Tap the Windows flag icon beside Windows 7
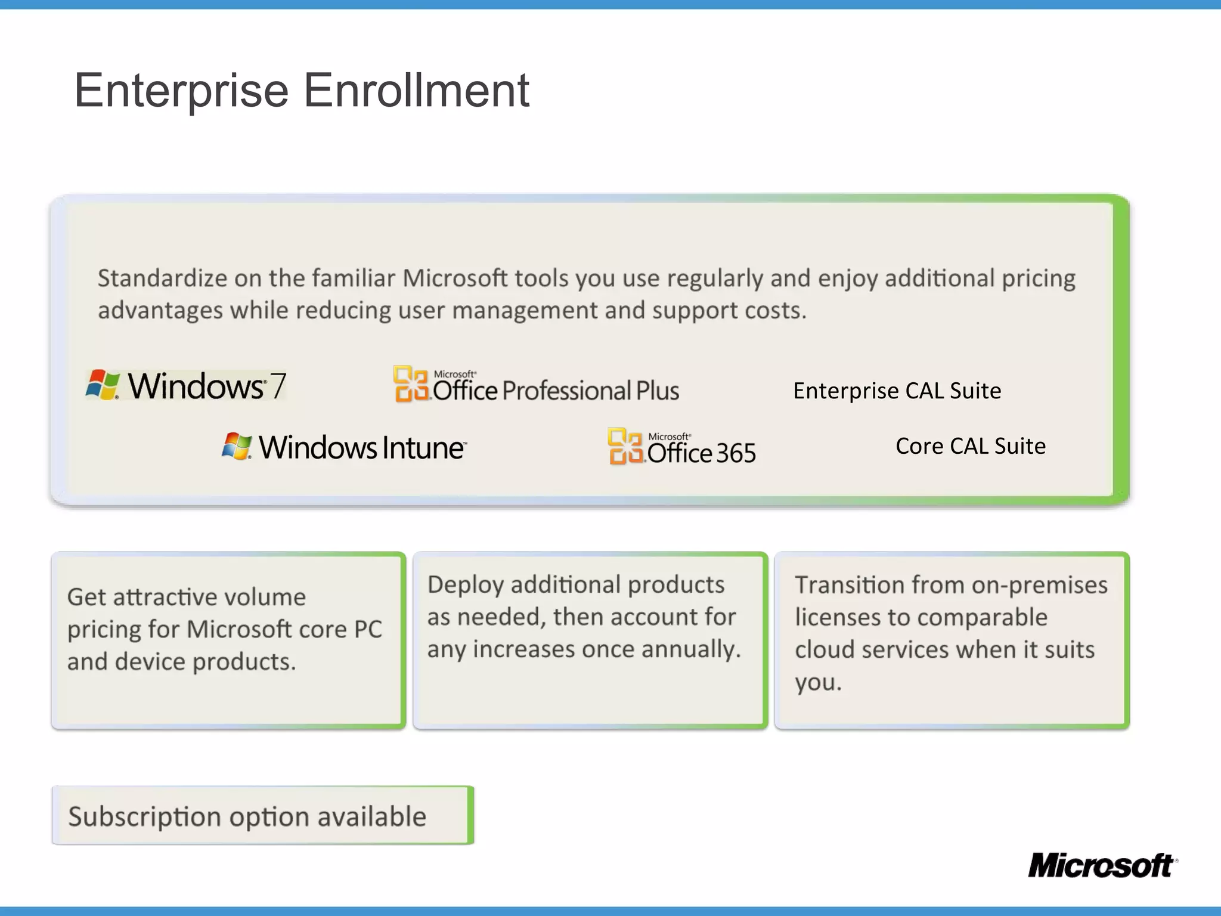103,385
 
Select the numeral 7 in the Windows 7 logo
278,386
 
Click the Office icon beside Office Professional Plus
411,383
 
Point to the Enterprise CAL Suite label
897,391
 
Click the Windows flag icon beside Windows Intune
237,446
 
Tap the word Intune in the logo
423,448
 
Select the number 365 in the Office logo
736,453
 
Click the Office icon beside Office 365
625,446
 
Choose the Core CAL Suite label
970,446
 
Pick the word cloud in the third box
825,649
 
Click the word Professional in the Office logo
566,391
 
